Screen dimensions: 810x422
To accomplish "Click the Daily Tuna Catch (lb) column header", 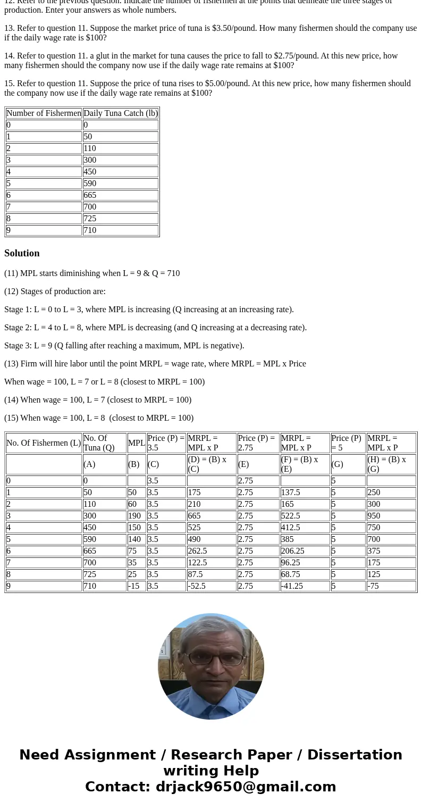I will [x=121, y=113].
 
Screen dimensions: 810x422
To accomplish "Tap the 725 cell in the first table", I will [x=121, y=219].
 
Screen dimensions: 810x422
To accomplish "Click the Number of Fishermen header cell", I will [x=44, y=113].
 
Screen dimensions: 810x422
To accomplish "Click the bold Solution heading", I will [x=22, y=253].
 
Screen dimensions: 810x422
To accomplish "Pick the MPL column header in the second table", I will [x=137, y=443].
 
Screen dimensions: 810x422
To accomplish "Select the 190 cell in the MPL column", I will [x=137, y=516].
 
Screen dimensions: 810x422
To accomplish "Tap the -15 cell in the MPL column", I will [x=137, y=586].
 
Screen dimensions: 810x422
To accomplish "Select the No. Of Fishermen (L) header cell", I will [x=44, y=443].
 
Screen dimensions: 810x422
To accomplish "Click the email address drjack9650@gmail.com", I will [x=246, y=787].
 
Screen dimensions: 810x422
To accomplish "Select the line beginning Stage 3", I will [x=124, y=346].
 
